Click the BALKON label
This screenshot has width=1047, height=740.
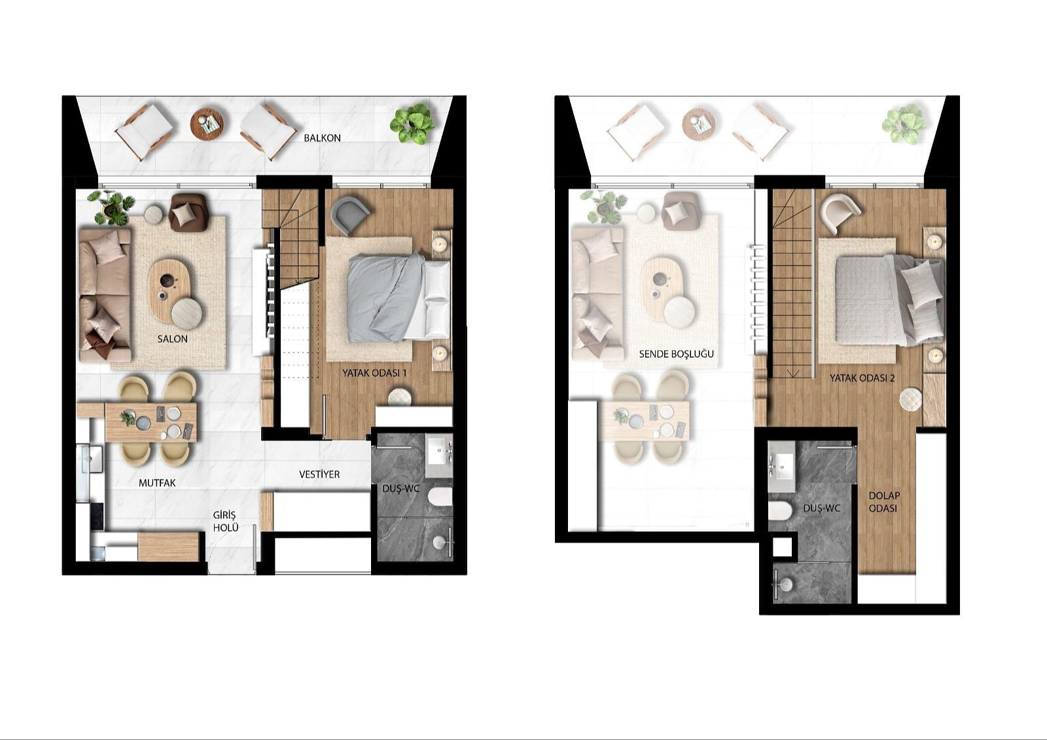pyautogui.click(x=322, y=138)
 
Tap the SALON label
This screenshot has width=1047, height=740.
pyautogui.click(x=172, y=339)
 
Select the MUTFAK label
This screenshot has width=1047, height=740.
pyautogui.click(x=157, y=484)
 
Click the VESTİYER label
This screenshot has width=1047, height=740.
pyautogui.click(x=319, y=474)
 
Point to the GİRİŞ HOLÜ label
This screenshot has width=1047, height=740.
pyautogui.click(x=224, y=521)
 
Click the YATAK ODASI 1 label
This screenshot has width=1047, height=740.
pyautogui.click(x=374, y=373)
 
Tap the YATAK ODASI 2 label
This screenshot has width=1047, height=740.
pyautogui.click(x=862, y=378)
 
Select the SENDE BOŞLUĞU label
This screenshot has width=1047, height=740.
pyautogui.click(x=676, y=354)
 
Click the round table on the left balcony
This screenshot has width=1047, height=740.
pyautogui.click(x=207, y=124)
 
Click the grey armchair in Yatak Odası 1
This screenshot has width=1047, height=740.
pyautogui.click(x=349, y=215)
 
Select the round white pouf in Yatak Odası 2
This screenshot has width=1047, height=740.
pyautogui.click(x=910, y=399)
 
